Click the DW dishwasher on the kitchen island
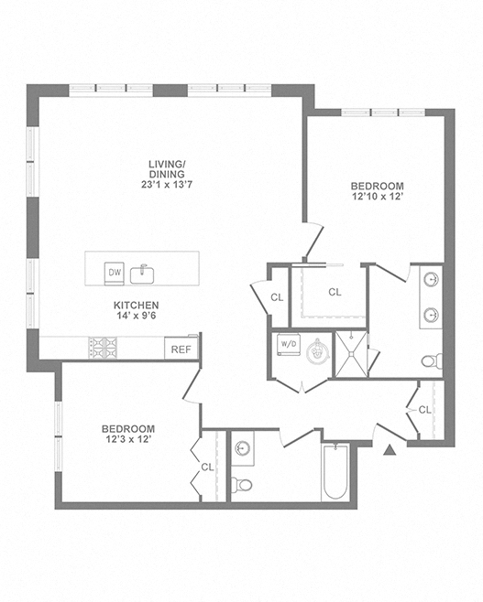click(115, 274)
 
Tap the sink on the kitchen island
click(142, 274)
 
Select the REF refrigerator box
click(181, 349)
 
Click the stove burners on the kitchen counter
click(103, 348)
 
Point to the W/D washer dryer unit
click(289, 344)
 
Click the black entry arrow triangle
click(390, 449)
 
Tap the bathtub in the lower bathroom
click(335, 471)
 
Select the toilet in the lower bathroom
click(242, 485)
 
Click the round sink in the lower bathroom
click(242, 447)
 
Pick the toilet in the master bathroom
click(432, 360)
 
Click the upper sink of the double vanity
click(431, 279)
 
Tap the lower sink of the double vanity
click(431, 316)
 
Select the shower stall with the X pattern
click(351, 354)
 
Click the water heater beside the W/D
click(318, 350)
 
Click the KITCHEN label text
click(137, 306)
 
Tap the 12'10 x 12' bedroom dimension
click(378, 197)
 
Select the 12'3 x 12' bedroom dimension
click(127, 439)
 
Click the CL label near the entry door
click(425, 410)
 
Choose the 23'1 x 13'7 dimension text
click(167, 185)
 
